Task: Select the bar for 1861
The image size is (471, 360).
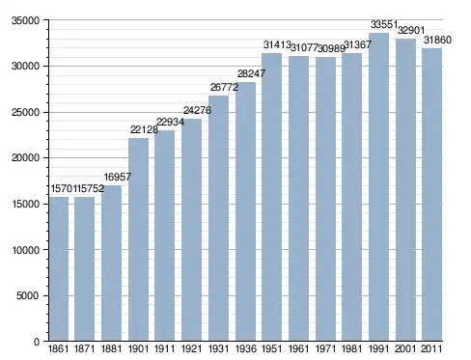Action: click(x=59, y=269)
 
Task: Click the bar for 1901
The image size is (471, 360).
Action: click(x=139, y=239)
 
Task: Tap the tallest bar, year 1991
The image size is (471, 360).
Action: click(x=378, y=187)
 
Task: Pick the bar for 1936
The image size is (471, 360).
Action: click(x=245, y=211)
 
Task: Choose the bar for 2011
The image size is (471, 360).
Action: click(x=432, y=195)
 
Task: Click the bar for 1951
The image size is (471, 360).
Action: click(x=272, y=197)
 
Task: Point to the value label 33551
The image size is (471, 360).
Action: click(x=384, y=24)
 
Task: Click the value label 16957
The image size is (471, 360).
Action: click(x=118, y=177)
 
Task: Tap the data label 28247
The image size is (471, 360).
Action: click(x=251, y=73)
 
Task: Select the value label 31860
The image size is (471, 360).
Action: click(x=437, y=40)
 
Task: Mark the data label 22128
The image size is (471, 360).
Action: click(x=144, y=129)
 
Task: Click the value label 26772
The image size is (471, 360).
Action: click(x=224, y=87)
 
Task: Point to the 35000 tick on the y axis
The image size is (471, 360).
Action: click(x=26, y=20)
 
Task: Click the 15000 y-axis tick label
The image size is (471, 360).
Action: click(x=26, y=204)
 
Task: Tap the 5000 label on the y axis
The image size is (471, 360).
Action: click(x=28, y=295)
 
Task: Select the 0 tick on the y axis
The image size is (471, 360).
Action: click(x=37, y=342)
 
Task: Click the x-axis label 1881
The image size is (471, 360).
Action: click(x=111, y=349)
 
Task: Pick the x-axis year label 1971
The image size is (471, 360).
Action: click(x=325, y=349)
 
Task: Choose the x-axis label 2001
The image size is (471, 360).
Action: click(x=405, y=349)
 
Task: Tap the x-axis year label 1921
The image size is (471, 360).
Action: click(x=191, y=349)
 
